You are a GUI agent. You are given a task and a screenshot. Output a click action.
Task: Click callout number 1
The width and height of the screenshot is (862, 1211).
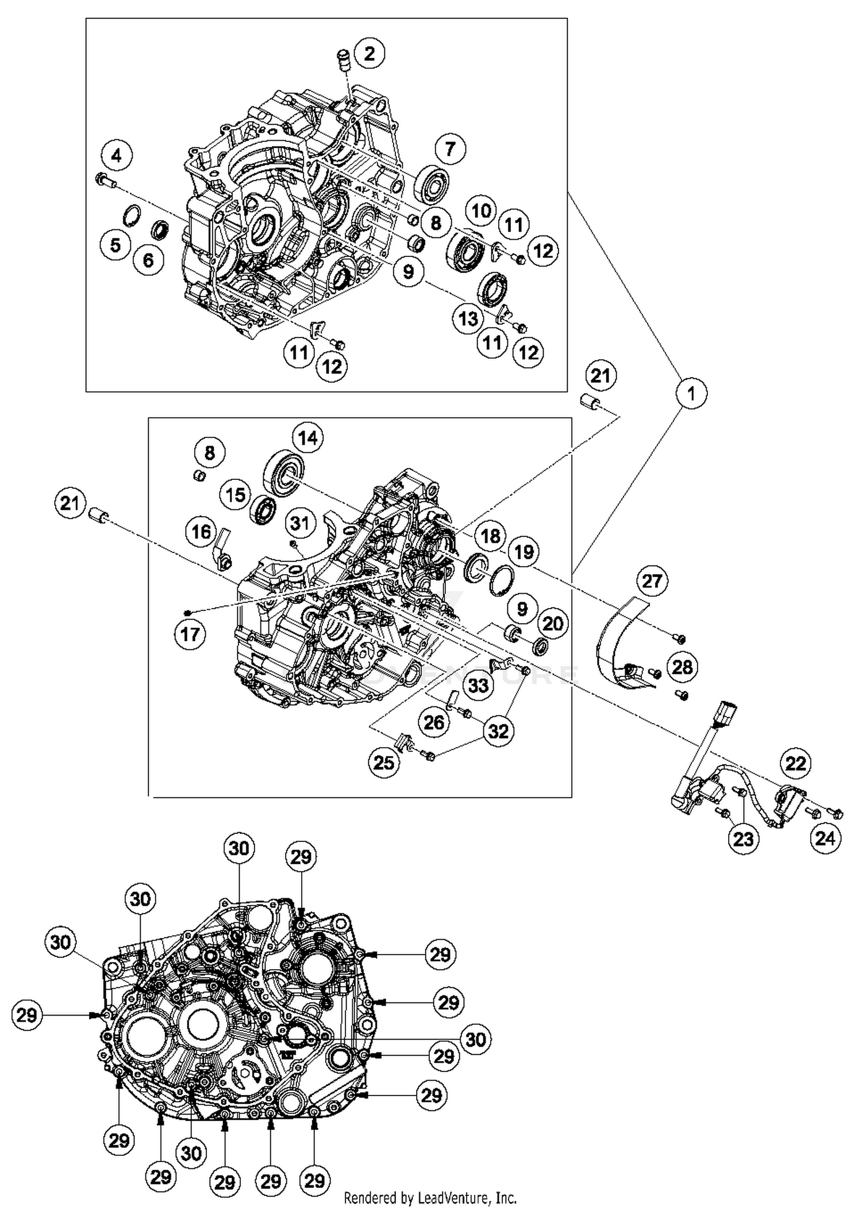tap(691, 393)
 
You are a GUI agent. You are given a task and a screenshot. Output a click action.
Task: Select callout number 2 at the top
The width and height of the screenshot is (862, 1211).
tap(370, 53)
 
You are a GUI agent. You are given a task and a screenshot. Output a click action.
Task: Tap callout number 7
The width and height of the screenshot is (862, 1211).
tap(450, 149)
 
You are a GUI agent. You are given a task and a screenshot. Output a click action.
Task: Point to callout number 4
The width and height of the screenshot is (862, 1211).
tap(117, 155)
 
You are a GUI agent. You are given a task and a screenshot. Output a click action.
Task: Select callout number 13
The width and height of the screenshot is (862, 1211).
tap(468, 318)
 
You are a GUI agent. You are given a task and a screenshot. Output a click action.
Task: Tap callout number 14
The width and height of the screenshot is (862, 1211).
tap(307, 438)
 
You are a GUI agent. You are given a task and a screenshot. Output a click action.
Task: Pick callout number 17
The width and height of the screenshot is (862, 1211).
tap(190, 634)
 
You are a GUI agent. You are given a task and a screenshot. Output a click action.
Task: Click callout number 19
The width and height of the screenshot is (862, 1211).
tap(524, 552)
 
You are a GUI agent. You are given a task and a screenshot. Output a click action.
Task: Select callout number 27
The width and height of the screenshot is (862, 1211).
tap(652, 581)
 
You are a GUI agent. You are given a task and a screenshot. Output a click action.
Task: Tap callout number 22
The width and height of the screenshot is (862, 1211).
tap(796, 763)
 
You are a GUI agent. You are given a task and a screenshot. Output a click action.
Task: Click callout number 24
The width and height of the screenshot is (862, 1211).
tap(825, 838)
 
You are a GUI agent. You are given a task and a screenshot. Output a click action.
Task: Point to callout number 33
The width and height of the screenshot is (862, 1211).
tap(478, 685)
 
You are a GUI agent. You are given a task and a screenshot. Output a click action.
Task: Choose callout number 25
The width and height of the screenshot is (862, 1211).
tap(384, 762)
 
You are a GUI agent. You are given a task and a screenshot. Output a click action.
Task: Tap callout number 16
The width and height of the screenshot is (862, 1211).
tap(201, 532)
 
